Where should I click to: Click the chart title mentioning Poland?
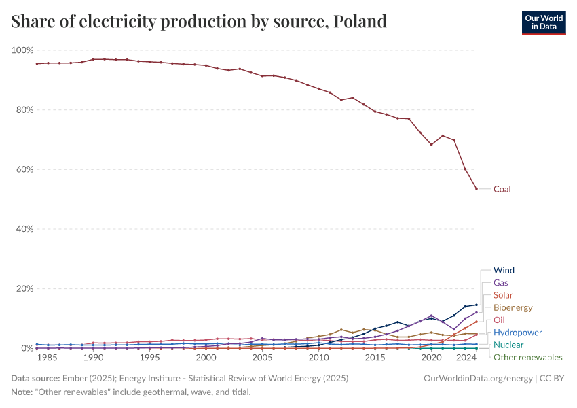pyautogui.click(x=199, y=22)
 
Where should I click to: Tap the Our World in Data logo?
pyautogui.click(x=543, y=22)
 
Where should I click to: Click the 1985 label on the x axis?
pyautogui.click(x=48, y=358)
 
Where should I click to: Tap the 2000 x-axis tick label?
pyautogui.click(x=206, y=358)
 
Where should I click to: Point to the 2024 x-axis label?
pyautogui.click(x=466, y=358)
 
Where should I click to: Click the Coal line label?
pyautogui.click(x=502, y=189)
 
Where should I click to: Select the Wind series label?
pyautogui.click(x=504, y=270)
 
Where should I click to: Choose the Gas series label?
pyautogui.click(x=500, y=282)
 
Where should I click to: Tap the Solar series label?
pyautogui.click(x=503, y=295)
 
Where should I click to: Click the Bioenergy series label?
pyautogui.click(x=513, y=307)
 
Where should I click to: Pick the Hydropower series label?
pyautogui.click(x=517, y=333)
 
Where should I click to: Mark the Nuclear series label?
pyautogui.click(x=507, y=345)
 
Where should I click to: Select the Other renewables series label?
pyautogui.click(x=527, y=357)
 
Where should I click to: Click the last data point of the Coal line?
pyautogui.click(x=477, y=189)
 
